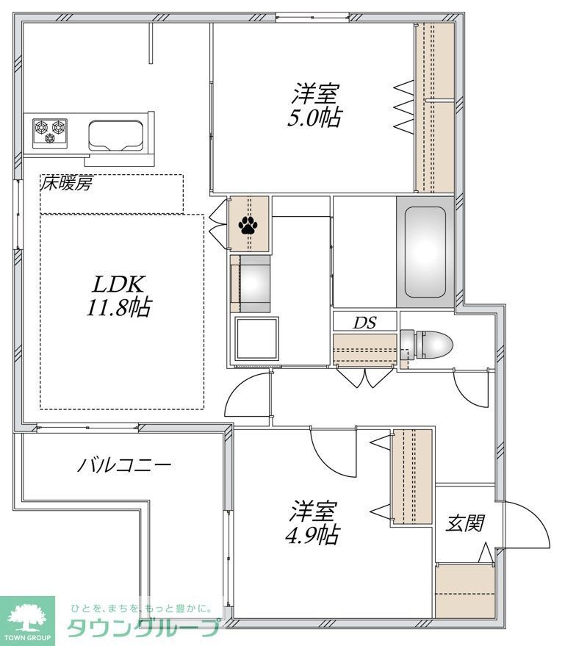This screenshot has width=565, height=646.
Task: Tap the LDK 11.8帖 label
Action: tap(119, 295)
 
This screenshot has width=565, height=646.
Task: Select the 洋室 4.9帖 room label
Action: tap(312, 523)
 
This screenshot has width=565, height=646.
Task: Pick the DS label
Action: tap(364, 322)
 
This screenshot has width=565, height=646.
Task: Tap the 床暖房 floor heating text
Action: tap(66, 184)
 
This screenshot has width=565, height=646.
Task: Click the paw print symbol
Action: tap(248, 224)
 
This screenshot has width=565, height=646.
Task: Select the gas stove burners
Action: tap(49, 132)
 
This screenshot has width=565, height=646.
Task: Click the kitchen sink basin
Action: tap(116, 133)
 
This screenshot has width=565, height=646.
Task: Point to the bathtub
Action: tap(426, 250)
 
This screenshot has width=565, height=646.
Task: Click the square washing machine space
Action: tap(257, 337)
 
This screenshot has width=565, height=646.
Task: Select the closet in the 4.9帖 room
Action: tap(412, 477)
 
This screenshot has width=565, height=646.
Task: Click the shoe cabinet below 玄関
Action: tap(464, 592)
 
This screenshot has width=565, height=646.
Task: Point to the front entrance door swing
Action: tap(527, 525)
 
